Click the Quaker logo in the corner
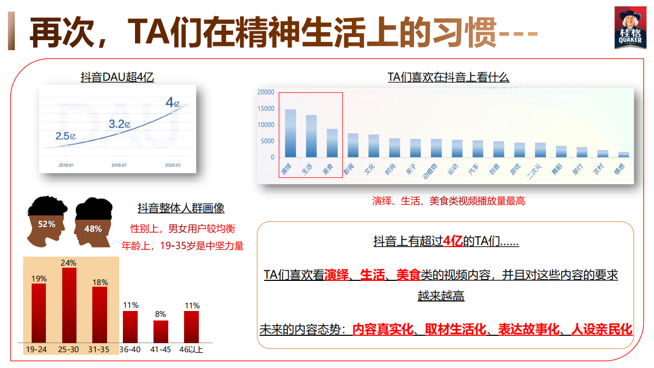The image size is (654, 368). click(x=630, y=29)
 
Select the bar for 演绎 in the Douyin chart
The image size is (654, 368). click(x=290, y=133)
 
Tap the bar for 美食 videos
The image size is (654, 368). click(x=332, y=143)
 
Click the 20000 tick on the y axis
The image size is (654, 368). click(x=265, y=92)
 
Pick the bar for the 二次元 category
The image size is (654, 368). click(x=540, y=150)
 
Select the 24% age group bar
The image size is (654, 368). click(x=69, y=305)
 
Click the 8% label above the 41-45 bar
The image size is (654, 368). click(x=160, y=314)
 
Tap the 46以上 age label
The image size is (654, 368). click(x=191, y=350)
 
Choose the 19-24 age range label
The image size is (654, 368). click(x=36, y=350)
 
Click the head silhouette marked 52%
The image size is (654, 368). click(x=46, y=222)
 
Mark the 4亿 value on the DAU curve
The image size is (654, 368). click(x=172, y=102)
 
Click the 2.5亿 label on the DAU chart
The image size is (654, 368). click(x=66, y=136)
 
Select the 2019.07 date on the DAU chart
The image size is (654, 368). click(x=119, y=165)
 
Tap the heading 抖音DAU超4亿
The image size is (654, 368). click(x=117, y=78)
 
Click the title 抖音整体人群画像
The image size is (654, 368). click(x=181, y=208)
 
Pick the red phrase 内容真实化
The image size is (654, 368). click(x=382, y=329)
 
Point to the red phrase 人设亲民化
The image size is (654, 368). click(x=601, y=329)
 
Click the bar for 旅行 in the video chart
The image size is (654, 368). click(x=582, y=152)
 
